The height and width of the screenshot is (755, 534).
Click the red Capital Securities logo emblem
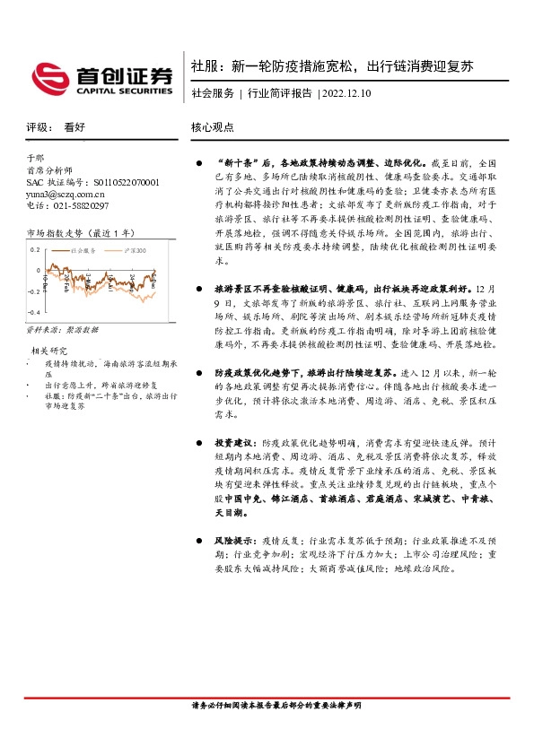(48, 77)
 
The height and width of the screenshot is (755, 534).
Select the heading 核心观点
(212, 127)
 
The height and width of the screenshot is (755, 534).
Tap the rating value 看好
(74, 127)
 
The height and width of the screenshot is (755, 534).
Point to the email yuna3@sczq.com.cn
(66, 194)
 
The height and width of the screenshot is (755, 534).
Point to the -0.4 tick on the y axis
(33, 312)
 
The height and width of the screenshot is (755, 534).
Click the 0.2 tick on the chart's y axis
(35, 250)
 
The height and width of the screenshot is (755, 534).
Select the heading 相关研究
(50, 350)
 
